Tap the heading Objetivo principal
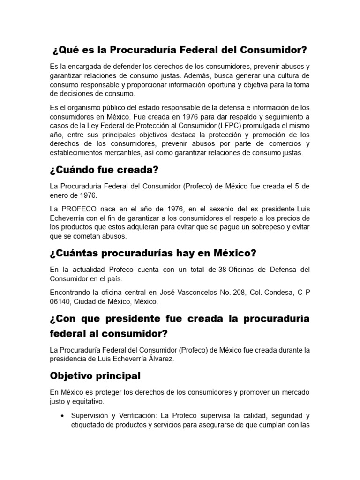[x=95, y=376]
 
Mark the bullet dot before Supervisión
[x=62, y=416]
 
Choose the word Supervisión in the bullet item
[x=90, y=416]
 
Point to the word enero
[x=60, y=195]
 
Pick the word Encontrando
[x=71, y=292]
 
